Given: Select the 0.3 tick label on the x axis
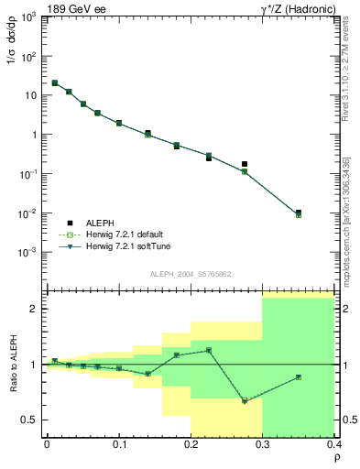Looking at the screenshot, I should coord(263,443).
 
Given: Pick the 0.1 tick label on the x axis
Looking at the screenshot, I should coord(119,443).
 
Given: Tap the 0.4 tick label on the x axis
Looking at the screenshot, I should coord(334,443).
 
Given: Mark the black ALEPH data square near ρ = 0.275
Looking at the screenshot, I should coord(245,164).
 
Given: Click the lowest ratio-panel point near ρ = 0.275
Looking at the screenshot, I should coord(245,401).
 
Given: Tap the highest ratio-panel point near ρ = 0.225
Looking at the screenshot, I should coord(209,350).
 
